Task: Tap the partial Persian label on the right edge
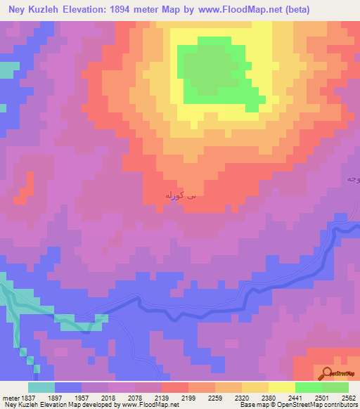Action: click(352, 180)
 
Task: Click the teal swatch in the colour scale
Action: click(41, 387)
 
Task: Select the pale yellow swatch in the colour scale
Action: click(281, 387)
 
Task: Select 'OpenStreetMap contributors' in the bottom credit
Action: click(320, 405)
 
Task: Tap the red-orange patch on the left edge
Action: click(26, 187)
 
